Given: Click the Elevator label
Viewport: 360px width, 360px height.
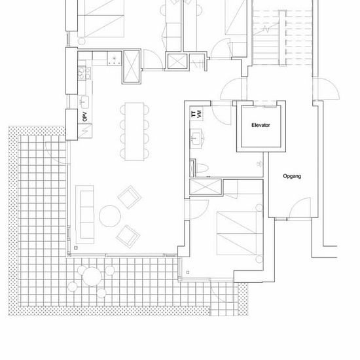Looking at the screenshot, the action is tap(261, 125).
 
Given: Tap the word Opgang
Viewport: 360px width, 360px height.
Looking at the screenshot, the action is tap(292, 176).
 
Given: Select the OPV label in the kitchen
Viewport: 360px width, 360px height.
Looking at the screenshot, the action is tap(84, 117).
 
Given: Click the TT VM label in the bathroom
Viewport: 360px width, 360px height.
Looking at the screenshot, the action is tap(197, 114).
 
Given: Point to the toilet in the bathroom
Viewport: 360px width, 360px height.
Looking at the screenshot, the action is tap(202, 168).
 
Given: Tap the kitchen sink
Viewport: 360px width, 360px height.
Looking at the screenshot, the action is tap(84, 101).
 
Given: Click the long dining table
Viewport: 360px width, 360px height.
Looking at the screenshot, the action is tap(135, 132).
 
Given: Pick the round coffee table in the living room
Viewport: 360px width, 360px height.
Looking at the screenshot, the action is tap(110, 216).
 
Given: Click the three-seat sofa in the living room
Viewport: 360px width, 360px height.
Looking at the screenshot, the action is tap(84, 215).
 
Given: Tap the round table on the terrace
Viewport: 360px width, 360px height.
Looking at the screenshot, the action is tap(92, 276).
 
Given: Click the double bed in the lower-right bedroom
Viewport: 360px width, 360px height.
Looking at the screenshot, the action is tap(240, 233).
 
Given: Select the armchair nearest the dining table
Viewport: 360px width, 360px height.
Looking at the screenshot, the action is tap(130, 197).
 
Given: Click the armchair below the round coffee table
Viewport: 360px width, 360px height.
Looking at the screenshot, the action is tap(128, 236).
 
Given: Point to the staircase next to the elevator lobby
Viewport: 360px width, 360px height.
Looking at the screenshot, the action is tap(282, 37).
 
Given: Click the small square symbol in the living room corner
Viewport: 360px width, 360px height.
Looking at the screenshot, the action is tap(76, 248).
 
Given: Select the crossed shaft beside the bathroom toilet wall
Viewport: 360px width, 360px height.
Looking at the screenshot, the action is tap(206, 187).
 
